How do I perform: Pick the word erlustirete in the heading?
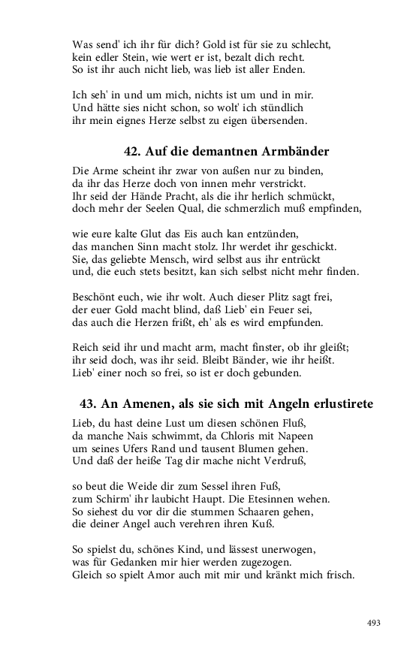click(x=340, y=403)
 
